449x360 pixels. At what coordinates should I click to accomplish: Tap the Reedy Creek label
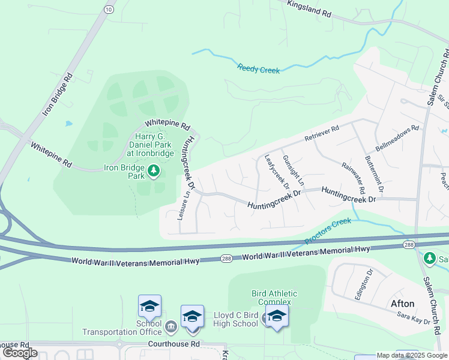[x=258, y=69]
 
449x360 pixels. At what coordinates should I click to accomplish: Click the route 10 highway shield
[x=108, y=10]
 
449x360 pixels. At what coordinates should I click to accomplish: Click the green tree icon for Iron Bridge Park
[x=154, y=172]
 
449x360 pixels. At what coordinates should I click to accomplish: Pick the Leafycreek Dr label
[x=277, y=170]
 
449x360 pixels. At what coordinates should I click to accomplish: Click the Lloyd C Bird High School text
[x=236, y=319]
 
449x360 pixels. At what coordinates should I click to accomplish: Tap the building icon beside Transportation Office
[x=171, y=326]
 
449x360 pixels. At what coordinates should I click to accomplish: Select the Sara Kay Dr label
[x=414, y=317]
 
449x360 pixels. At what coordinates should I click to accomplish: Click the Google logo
[x=20, y=353]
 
